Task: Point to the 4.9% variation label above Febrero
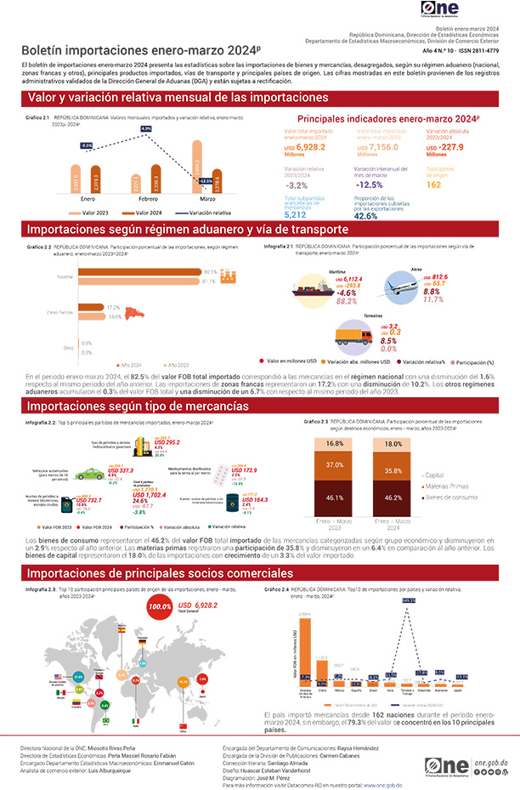click(x=145, y=128)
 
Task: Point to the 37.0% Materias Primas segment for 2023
click(x=334, y=465)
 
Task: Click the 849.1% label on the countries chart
click(x=409, y=601)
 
